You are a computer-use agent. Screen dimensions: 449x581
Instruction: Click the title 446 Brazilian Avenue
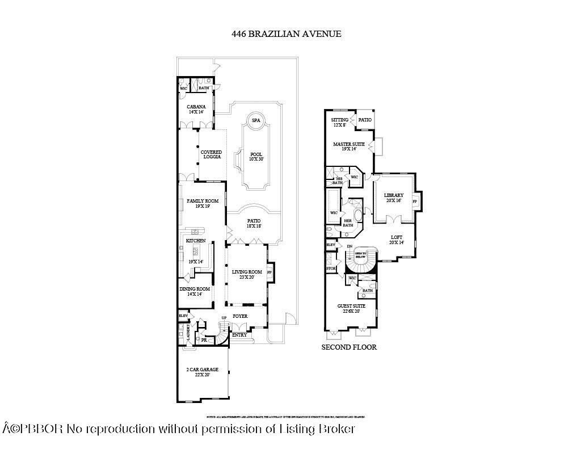pos(286,33)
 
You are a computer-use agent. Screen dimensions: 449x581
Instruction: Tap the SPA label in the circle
pos(256,120)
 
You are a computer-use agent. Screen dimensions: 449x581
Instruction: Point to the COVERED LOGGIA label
pos(211,154)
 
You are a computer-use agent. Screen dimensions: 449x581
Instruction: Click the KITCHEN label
pos(196,241)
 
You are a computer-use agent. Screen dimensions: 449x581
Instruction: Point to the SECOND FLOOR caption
pos(349,347)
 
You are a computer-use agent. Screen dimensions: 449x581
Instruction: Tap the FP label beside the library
pos(415,202)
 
